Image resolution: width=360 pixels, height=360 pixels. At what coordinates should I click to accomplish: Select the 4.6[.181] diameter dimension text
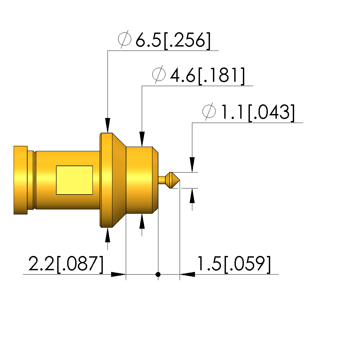[x=208, y=75]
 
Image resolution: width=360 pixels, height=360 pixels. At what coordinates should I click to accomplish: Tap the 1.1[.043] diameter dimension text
[x=258, y=112]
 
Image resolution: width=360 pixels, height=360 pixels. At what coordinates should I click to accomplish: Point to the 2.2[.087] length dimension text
[x=66, y=264]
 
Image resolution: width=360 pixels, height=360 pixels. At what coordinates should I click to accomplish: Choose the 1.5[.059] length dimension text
[x=234, y=264]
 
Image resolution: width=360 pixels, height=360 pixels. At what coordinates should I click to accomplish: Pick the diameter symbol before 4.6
[x=159, y=74]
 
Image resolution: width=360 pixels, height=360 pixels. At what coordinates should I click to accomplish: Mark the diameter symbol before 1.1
[x=209, y=111]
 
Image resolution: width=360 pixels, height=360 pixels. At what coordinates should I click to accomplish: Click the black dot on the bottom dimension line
[x=158, y=274]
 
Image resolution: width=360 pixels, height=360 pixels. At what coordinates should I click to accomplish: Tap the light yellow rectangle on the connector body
[x=75, y=180]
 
